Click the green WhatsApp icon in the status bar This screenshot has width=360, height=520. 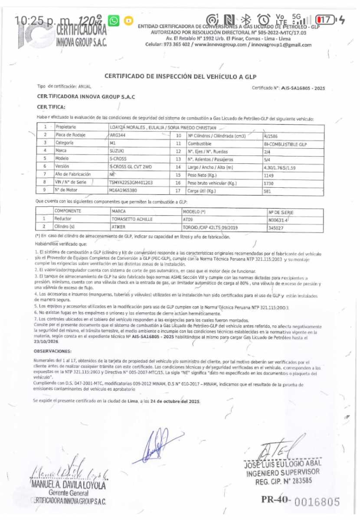pos(114,20)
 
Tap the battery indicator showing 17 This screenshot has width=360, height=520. pos(325,19)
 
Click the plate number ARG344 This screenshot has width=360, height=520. pos(118,135)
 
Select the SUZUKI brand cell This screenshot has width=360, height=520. pos(117,150)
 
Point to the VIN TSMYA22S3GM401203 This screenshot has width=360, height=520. pos(131,182)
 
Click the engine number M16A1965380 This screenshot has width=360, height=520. pos(123,190)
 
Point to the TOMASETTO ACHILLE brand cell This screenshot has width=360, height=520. pos(132,219)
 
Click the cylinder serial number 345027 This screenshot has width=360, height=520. pos(276,227)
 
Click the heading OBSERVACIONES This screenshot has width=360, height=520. pos(53,351)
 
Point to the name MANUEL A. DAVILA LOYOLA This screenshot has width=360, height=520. pos(68,484)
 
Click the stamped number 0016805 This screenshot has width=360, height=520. pos(317,502)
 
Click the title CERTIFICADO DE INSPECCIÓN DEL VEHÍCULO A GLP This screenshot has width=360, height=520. pos(180,76)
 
